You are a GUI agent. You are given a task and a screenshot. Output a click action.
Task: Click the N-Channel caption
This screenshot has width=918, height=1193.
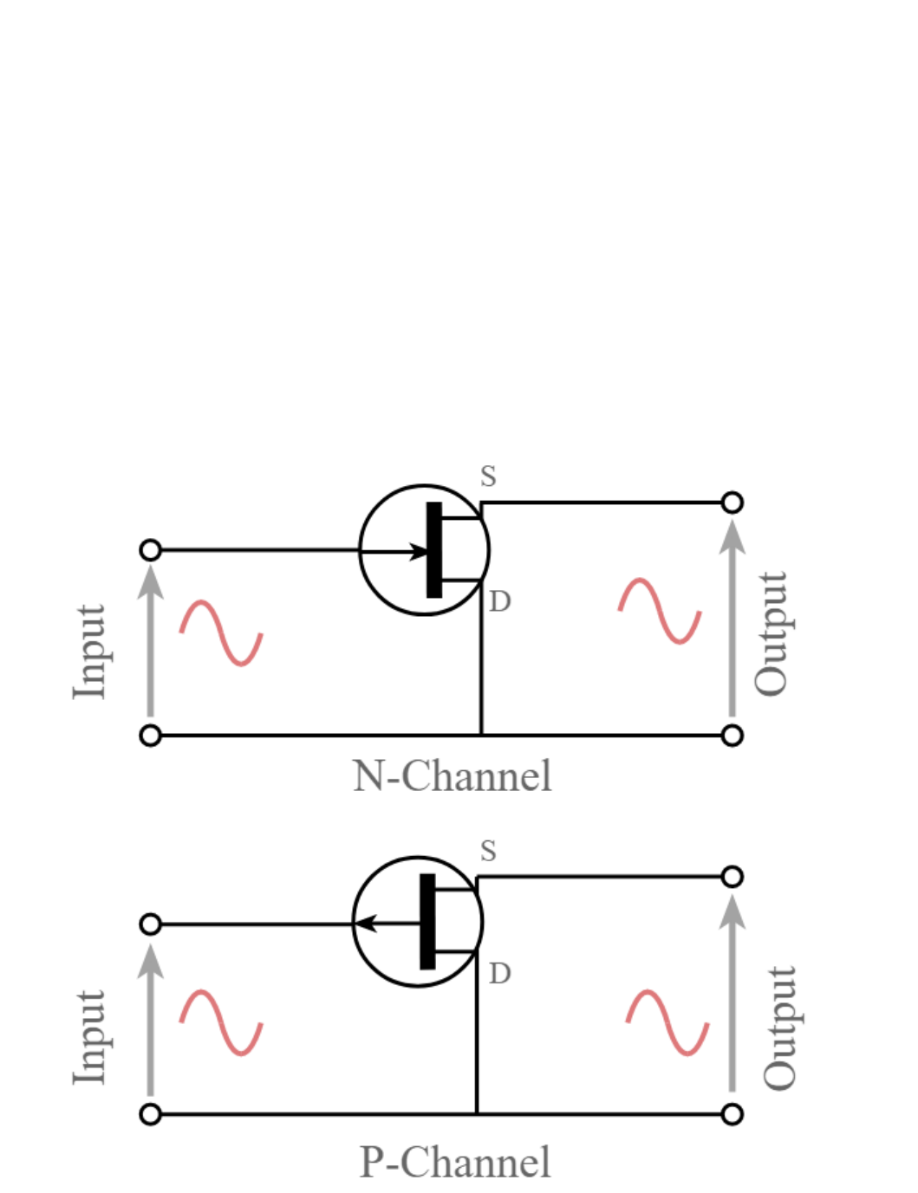(x=452, y=775)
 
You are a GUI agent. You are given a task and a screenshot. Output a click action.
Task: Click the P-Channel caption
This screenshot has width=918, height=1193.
(x=455, y=1163)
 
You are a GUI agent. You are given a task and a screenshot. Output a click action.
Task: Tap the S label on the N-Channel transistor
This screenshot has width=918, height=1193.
(x=489, y=476)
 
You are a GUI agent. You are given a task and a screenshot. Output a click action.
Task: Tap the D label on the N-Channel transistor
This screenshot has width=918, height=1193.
(x=499, y=602)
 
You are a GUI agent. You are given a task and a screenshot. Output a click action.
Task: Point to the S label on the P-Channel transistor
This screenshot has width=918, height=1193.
(x=489, y=852)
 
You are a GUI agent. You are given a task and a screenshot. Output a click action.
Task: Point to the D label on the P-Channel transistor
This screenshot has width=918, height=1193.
(x=499, y=974)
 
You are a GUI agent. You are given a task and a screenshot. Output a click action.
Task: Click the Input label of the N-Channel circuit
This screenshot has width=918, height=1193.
(x=89, y=652)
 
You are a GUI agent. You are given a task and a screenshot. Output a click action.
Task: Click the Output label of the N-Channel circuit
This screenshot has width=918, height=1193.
(x=772, y=634)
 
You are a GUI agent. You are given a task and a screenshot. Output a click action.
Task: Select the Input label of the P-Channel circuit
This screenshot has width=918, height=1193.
(x=89, y=1038)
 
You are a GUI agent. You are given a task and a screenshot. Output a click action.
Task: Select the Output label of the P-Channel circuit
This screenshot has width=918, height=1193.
(x=779, y=1028)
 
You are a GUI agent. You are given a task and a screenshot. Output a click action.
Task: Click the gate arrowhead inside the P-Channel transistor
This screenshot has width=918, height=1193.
(x=366, y=924)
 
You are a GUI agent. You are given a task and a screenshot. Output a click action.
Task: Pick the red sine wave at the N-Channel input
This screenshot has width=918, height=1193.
(x=221, y=633)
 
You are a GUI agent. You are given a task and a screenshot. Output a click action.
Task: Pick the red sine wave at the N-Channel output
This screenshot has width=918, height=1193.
(x=660, y=611)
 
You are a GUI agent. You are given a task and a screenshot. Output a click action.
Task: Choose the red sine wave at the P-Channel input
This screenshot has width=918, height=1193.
(x=221, y=1023)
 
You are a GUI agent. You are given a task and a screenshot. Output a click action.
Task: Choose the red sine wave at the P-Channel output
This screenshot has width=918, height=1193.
(x=667, y=1022)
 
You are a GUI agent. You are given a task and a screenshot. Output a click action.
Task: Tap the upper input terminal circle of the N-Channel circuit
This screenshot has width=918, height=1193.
(x=151, y=550)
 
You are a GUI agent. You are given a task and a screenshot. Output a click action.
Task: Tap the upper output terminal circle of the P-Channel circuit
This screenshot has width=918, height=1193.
(x=732, y=877)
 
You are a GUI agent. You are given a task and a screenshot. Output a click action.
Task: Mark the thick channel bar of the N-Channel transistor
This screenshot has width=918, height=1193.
(x=434, y=549)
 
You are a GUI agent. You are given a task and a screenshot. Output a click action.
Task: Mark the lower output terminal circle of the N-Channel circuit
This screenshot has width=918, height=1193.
(x=732, y=736)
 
